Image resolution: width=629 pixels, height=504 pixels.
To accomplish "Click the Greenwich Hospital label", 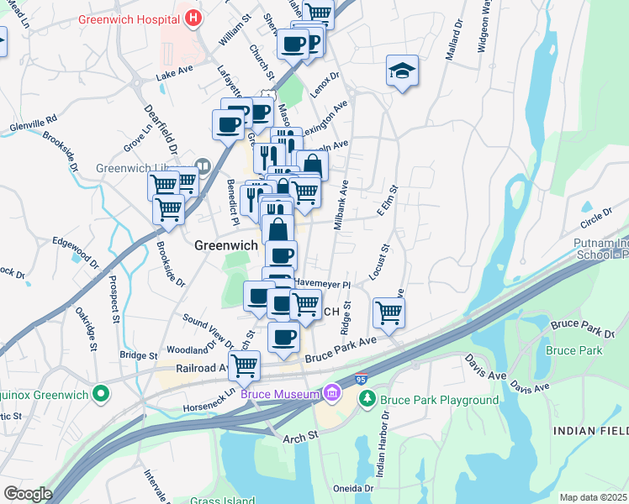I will [x=129, y=18].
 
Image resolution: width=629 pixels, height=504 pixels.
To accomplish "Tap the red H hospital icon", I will [x=194, y=17].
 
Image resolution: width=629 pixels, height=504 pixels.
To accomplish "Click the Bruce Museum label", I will [x=280, y=393].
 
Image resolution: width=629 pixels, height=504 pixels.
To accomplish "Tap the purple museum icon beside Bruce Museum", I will [x=332, y=392].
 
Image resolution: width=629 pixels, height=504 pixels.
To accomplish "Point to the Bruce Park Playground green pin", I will [x=366, y=400].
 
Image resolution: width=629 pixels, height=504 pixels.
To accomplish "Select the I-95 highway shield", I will [x=361, y=381].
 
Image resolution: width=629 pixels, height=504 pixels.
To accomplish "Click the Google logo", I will [x=27, y=494].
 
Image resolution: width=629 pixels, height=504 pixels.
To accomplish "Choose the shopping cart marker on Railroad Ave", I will [x=244, y=365].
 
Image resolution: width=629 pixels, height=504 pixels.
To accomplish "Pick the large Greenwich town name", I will [x=225, y=245].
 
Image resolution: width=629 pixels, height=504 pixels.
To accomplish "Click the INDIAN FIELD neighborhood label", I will [x=590, y=430].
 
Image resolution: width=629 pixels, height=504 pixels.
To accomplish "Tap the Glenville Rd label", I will [x=33, y=121].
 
